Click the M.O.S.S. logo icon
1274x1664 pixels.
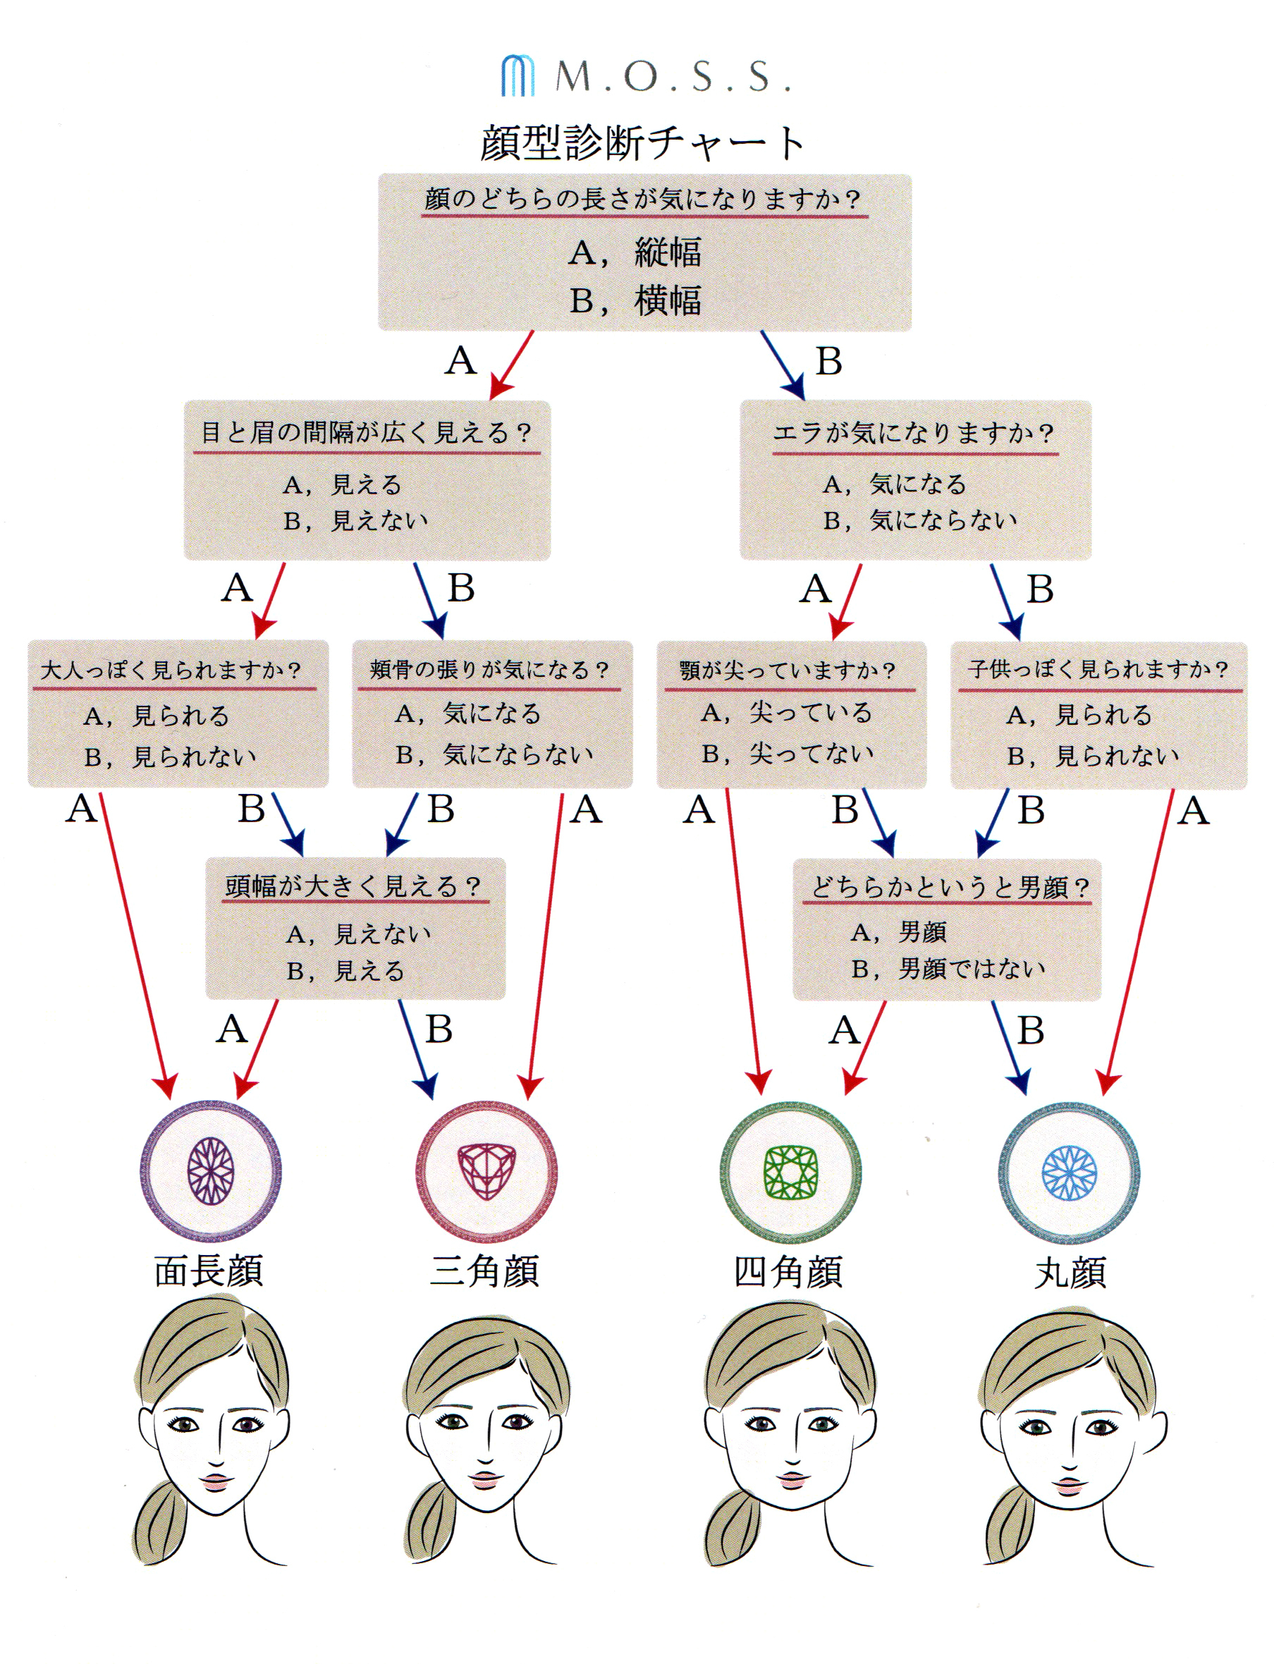517,76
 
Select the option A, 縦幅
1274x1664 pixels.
635,252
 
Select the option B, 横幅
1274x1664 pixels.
635,301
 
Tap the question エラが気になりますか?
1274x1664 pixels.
914,433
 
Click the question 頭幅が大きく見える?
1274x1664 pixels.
353,886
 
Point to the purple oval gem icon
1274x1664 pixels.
211,1171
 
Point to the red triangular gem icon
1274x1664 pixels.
486,1171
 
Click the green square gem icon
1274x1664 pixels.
790,1172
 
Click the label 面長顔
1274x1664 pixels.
209,1271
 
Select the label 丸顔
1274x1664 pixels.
1071,1273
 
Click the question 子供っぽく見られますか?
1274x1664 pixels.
1098,669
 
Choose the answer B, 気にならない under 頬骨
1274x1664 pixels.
494,754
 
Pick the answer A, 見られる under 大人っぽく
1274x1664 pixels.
157,715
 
